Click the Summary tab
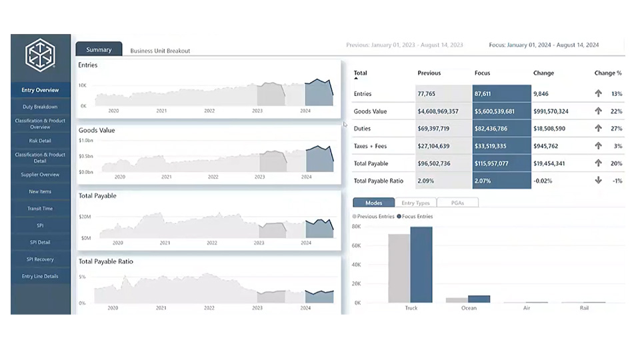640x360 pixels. tap(99, 49)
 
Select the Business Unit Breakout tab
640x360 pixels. tap(160, 51)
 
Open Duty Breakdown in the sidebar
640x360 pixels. tap(40, 107)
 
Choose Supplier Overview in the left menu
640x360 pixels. tap(40, 175)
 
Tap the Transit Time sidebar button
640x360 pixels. tap(40, 209)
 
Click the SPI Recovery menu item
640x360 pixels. tap(40, 259)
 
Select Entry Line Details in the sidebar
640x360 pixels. tap(40, 276)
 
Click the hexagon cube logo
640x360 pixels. tap(40, 55)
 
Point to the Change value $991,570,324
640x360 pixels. tap(551, 111)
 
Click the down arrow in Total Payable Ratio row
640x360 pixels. tap(598, 181)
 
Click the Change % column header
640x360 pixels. tap(607, 73)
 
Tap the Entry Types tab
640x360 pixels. tap(415, 203)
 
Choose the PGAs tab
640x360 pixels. tap(457, 203)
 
